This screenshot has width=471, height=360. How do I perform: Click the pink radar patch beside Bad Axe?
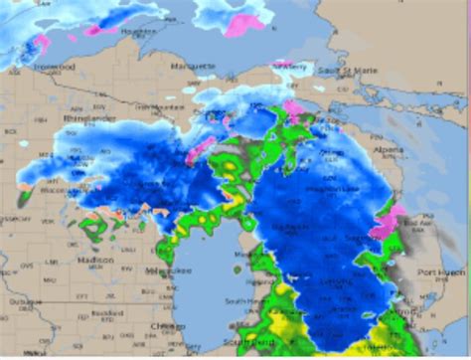[x=387, y=221]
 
